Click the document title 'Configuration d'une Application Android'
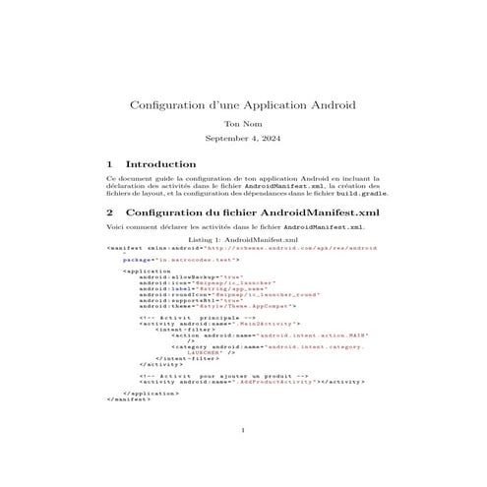pos(243,104)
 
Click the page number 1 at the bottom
pos(243,457)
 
